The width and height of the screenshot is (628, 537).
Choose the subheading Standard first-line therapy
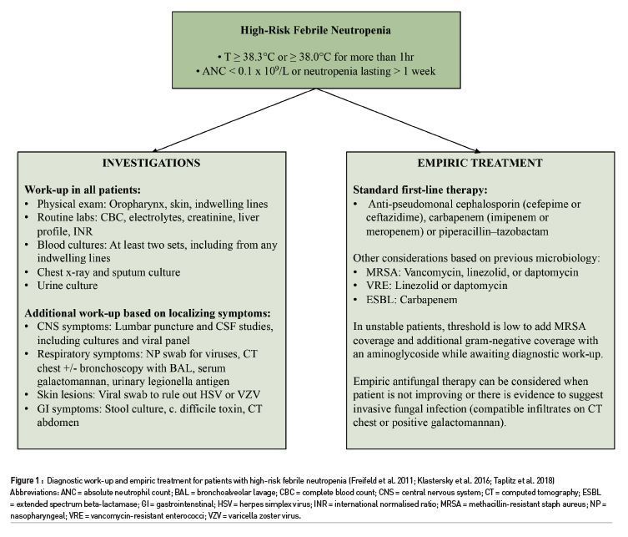pyautogui.click(x=406, y=190)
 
